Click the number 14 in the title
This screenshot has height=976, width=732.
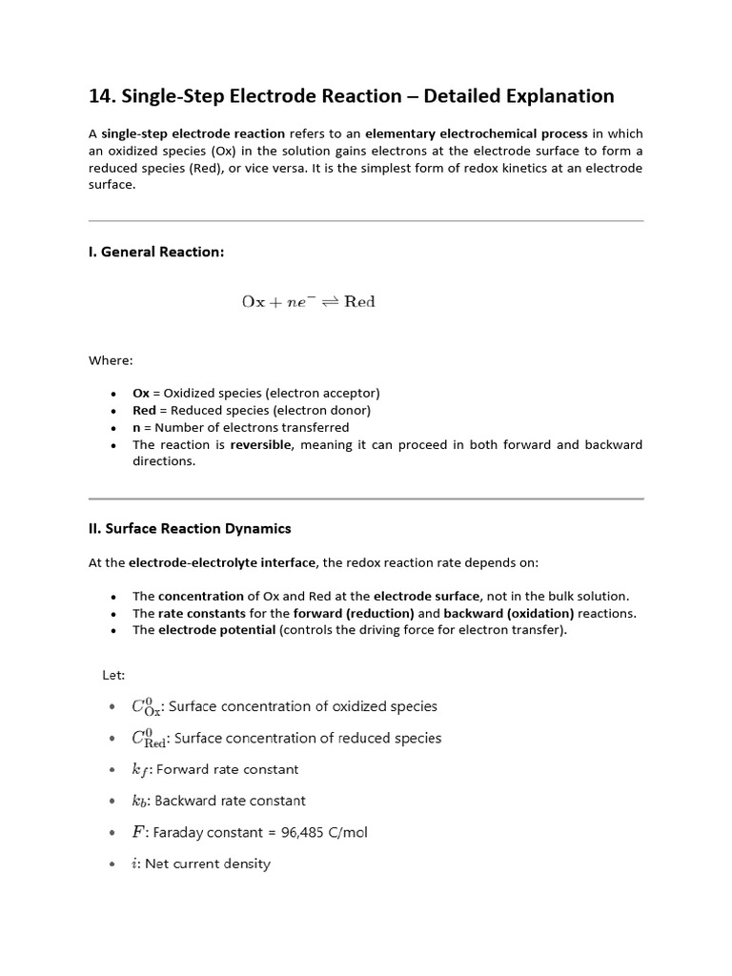[100, 96]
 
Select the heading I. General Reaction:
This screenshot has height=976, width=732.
[156, 253]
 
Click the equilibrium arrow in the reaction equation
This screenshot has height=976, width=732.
[329, 302]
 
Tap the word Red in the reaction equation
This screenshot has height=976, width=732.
[359, 302]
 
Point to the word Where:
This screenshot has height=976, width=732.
[111, 360]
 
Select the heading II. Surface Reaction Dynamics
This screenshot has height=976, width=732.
[190, 528]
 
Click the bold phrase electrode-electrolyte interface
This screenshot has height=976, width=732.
[217, 562]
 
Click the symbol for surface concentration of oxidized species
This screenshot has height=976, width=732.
[147, 707]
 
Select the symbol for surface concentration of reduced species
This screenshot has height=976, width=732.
[151, 739]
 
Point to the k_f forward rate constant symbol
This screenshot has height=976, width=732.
[139, 770]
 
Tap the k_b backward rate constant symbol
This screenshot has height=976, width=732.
[139, 802]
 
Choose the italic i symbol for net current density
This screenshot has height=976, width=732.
[135, 864]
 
